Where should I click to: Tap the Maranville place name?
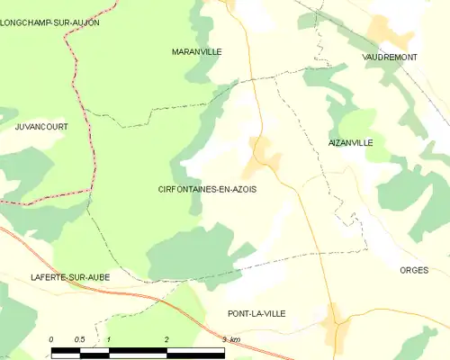pos(196,52)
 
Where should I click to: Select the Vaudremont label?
pos(389,57)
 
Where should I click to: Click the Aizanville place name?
pos(351,143)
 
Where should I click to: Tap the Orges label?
pos(414,270)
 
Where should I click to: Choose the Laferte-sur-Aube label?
pos(69,277)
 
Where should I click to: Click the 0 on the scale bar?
pos(51,339)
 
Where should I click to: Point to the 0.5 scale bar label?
pos(79,339)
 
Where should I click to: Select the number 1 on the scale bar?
pos(109,339)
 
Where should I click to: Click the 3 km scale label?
pos(230,339)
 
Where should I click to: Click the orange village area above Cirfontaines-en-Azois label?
pos(265,153)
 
